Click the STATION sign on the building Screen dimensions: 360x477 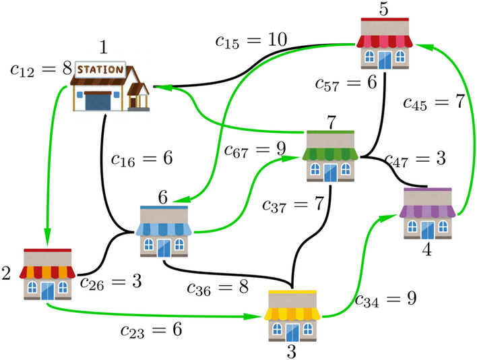(x=101, y=69)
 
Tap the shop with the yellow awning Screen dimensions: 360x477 (x=292, y=315)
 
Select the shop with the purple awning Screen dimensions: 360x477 (x=429, y=214)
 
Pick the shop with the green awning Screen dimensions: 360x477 (x=331, y=156)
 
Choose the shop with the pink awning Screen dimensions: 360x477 (x=385, y=42)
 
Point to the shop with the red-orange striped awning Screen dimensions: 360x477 (x=47, y=274)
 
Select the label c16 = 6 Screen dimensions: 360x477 (x=142, y=160)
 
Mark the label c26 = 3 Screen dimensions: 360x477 (x=111, y=281)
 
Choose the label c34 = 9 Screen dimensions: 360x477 (x=386, y=299)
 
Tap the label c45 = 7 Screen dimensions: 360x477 (x=435, y=102)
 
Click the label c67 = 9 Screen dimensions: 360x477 (x=255, y=148)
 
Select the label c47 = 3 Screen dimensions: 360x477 (x=416, y=160)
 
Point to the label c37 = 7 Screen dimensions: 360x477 (x=294, y=203)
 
